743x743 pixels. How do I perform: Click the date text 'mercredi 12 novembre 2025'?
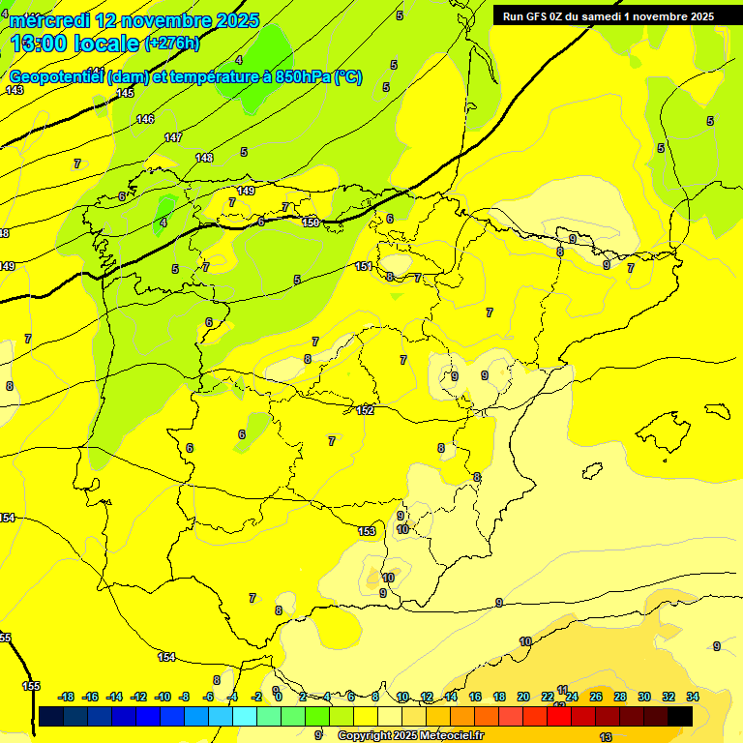tap(134, 20)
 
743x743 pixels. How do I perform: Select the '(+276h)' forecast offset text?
tap(171, 44)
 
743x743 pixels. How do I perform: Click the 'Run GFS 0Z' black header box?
tap(609, 15)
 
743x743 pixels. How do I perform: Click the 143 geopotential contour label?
tap(14, 90)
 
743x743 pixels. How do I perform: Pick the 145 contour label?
tap(125, 93)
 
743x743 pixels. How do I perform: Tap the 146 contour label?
tap(145, 119)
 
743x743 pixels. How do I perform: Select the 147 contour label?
tap(173, 137)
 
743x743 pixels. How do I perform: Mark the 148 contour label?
tap(204, 158)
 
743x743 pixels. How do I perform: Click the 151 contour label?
tap(364, 266)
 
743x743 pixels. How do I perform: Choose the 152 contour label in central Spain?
tap(365, 410)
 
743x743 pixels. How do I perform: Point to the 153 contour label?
tap(367, 531)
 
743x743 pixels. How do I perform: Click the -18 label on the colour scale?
tap(67, 697)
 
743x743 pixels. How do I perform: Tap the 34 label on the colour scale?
tap(693, 697)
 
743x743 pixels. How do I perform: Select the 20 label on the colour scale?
tap(523, 697)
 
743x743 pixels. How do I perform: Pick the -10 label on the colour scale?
tap(163, 697)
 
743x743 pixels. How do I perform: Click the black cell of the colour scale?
tap(680, 716)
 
